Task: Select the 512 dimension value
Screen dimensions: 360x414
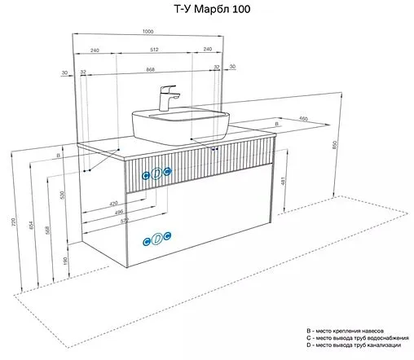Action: click(155, 50)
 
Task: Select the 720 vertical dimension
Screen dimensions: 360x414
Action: click(13, 222)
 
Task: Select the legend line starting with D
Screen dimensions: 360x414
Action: click(359, 345)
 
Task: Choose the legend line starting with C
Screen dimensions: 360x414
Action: click(359, 336)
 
